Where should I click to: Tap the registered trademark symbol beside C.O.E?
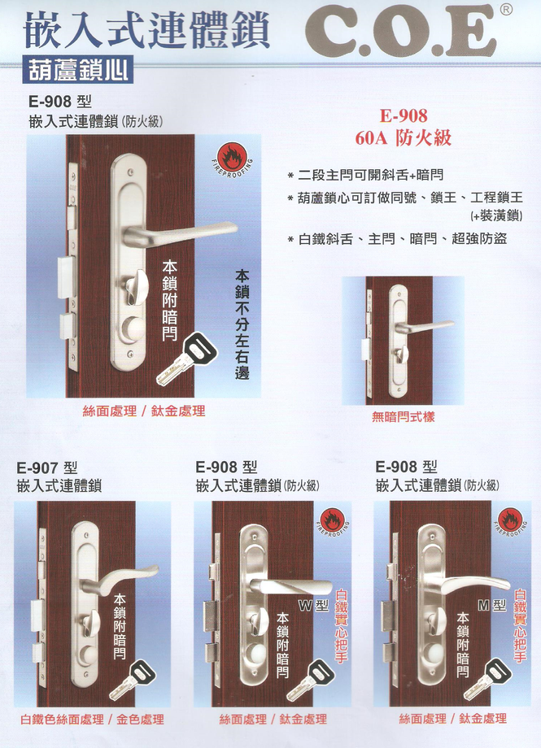coord(507,9)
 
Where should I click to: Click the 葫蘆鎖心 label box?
coord(77,71)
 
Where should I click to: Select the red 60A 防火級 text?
coord(404,138)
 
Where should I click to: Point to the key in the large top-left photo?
coord(187,359)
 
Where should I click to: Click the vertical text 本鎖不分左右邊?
coord(242,325)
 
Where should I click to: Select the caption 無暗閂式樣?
coord(403,417)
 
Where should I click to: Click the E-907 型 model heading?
coord(47,467)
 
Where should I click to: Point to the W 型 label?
coord(314,606)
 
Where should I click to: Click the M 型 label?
coord(492,606)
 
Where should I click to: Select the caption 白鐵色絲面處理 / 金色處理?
coord(92,720)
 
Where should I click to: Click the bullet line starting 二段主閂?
coord(366,175)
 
